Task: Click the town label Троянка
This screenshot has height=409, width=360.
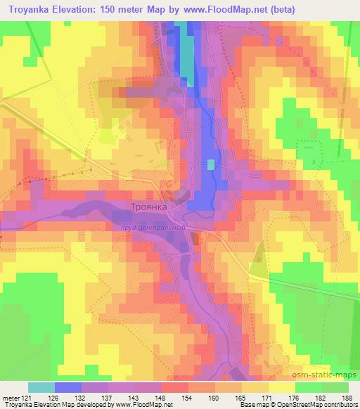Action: (148, 207)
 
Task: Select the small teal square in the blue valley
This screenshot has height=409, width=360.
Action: (211, 164)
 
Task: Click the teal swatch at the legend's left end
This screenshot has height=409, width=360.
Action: (41, 387)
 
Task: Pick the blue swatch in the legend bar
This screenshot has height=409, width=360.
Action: (68, 387)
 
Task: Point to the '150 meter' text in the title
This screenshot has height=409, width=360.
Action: (129, 9)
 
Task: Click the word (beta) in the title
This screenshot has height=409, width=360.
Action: (277, 9)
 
